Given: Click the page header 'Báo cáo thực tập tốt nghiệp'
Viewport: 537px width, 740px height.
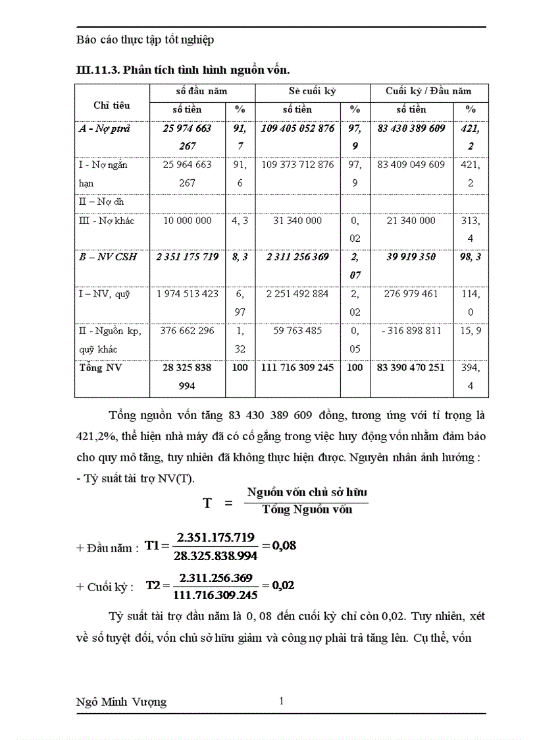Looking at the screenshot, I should [x=145, y=40].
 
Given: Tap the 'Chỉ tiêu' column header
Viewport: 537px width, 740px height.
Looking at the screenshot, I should [x=112, y=104].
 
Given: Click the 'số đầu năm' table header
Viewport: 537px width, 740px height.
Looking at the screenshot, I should [x=201, y=91].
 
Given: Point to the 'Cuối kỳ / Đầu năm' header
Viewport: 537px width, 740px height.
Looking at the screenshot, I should [x=428, y=91].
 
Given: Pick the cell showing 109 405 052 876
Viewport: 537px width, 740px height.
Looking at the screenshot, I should [x=297, y=128].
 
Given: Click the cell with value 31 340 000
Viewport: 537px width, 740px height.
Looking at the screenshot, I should [x=297, y=221].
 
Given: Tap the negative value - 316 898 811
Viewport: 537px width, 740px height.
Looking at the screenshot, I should [x=411, y=331].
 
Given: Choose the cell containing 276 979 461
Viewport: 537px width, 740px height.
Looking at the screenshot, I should [x=411, y=294].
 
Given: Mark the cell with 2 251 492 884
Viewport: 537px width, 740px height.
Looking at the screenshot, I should [x=297, y=294].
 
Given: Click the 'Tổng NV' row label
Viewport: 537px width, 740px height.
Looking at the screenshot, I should [x=100, y=368].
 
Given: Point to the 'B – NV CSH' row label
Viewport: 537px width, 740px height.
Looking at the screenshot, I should [x=108, y=257].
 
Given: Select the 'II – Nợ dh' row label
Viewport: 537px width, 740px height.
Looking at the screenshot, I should [x=101, y=202].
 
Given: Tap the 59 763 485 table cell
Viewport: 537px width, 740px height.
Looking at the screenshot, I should [x=297, y=331].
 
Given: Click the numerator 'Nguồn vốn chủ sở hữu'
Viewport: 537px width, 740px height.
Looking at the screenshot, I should [x=307, y=492].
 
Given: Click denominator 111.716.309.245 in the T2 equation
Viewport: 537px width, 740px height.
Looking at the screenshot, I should [x=215, y=595].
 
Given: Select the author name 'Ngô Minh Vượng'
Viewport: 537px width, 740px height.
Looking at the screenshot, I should [x=122, y=702].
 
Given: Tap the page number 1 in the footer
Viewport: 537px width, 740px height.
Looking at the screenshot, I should [x=282, y=701].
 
